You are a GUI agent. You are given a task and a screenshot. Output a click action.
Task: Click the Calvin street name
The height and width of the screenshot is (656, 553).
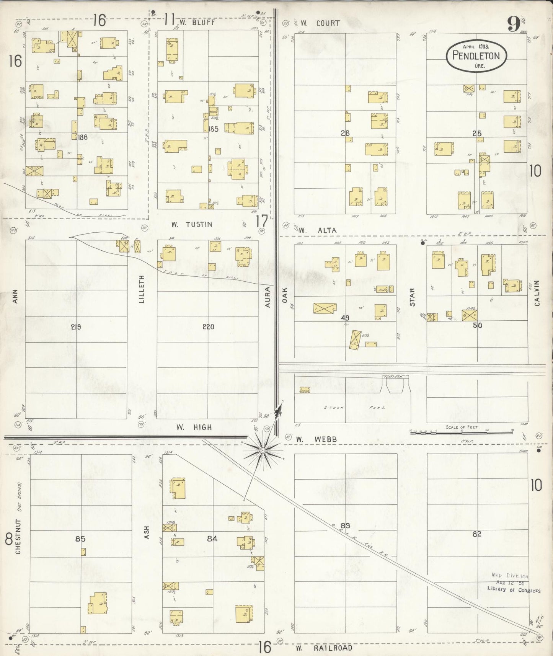pos(537,293)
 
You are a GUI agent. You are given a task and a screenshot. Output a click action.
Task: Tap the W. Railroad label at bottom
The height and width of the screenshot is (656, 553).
pos(324,648)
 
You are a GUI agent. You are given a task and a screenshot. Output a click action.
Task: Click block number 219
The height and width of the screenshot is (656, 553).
pos(76,327)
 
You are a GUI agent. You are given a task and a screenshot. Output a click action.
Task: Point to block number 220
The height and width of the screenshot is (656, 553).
pos(208,327)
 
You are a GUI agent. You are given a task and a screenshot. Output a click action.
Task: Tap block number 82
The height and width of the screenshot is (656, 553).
pos(476,534)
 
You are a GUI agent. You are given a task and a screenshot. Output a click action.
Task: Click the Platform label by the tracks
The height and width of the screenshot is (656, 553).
pos(395,377)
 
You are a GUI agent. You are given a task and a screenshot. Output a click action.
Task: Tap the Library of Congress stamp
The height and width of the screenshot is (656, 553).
pos(514,590)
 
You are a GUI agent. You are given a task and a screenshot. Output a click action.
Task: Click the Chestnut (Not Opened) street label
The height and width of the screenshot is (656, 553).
pos(18,524)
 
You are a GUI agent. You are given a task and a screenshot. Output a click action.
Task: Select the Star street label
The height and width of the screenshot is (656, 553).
pos(412,297)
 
